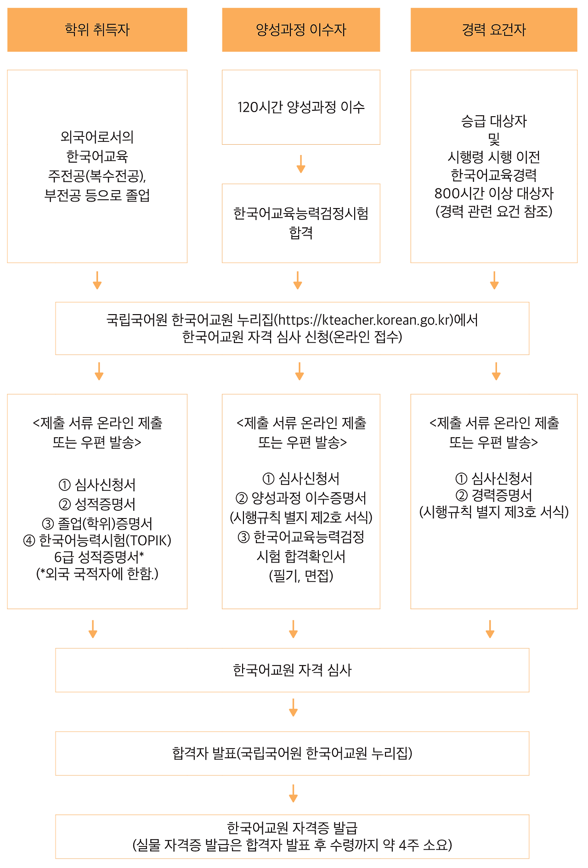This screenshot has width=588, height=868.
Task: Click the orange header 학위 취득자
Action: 97,30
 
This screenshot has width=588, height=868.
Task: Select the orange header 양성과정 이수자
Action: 301,30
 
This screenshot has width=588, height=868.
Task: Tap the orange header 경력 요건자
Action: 494,30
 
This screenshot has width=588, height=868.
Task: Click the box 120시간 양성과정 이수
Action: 301,107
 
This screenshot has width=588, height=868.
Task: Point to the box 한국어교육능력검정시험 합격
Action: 301,223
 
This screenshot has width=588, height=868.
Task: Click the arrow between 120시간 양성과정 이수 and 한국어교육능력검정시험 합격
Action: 301,164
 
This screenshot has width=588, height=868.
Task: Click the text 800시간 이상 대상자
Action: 494,193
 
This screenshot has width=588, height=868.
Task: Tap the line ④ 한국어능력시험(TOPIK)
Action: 97,541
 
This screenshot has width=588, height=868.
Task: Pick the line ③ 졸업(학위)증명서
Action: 97,524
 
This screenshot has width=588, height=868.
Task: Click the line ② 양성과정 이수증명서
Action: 301,498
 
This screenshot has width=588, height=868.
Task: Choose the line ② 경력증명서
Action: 494,496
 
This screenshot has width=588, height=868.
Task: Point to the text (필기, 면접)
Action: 301,575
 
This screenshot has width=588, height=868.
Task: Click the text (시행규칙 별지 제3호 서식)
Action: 494,512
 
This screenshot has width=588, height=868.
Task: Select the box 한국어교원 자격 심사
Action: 292,670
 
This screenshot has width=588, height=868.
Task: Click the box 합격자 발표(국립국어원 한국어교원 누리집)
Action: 292,753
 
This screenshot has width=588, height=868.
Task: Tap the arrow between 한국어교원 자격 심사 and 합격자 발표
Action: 293,708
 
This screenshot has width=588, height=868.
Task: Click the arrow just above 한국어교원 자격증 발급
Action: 293,793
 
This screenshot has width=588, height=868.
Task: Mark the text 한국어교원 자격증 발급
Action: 292,828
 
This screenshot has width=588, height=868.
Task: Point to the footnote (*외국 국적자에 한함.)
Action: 97,574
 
